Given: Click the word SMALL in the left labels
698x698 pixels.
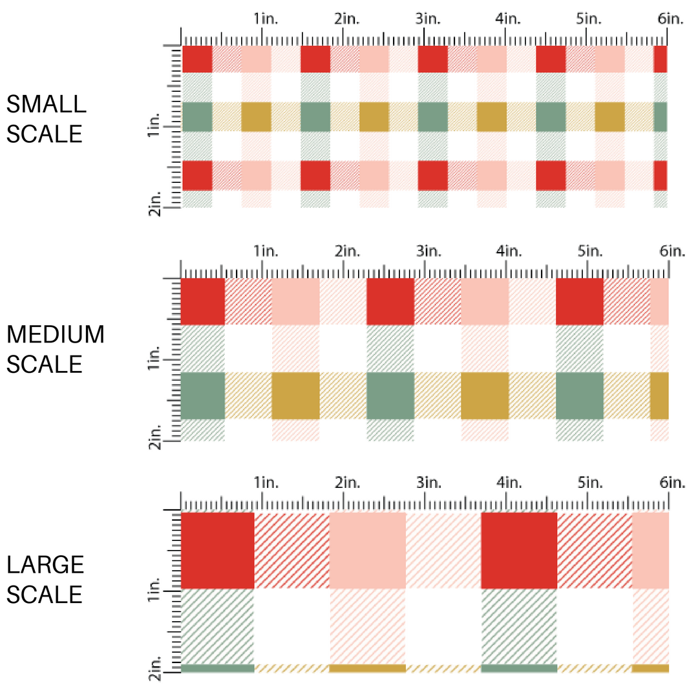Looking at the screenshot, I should [46, 104].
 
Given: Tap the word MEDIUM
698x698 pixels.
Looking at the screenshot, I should [55, 335].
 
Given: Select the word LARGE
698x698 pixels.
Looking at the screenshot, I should [45, 565].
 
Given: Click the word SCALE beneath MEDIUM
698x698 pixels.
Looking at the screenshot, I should [45, 365].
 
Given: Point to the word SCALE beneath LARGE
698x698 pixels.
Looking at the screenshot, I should [45, 595].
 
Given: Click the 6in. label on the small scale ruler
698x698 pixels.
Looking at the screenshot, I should [671, 19].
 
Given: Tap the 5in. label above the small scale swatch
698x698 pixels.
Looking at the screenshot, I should [589, 19].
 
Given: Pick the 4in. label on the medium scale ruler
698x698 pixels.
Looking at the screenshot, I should [507, 251].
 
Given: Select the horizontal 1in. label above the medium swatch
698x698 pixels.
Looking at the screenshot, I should [265, 251].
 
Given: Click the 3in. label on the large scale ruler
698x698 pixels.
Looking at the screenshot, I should [427, 482].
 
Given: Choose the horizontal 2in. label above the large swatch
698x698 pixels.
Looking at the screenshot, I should [347, 482].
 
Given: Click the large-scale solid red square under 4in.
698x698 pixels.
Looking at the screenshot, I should [519, 550].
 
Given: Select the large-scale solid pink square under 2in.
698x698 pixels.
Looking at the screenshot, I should [368, 550].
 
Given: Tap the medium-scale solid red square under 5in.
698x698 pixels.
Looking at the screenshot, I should [579, 301].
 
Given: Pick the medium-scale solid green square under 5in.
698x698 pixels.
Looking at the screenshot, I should [579, 396].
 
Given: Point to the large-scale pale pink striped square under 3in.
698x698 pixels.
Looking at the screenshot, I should [443, 550].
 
